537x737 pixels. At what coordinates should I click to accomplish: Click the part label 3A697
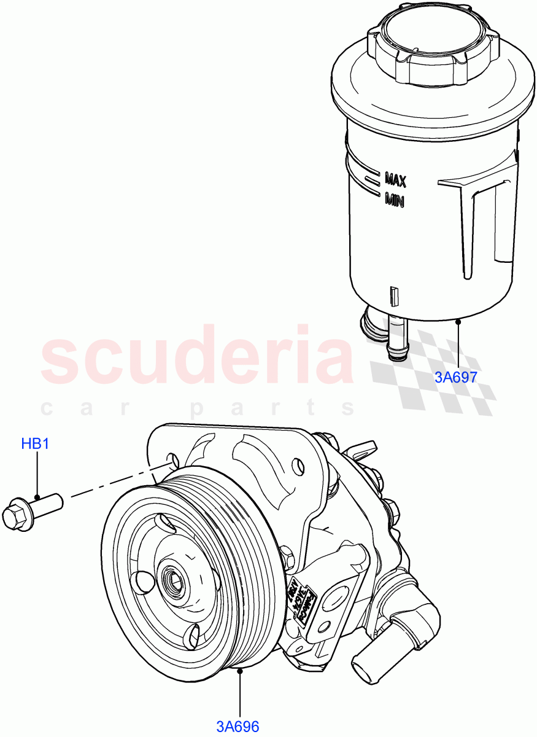point(455,376)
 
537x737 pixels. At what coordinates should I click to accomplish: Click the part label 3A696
point(238,727)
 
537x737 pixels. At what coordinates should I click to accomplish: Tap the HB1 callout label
point(35,443)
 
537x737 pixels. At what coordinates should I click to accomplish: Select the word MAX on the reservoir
point(395,180)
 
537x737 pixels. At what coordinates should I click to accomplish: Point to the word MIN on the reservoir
point(394,200)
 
